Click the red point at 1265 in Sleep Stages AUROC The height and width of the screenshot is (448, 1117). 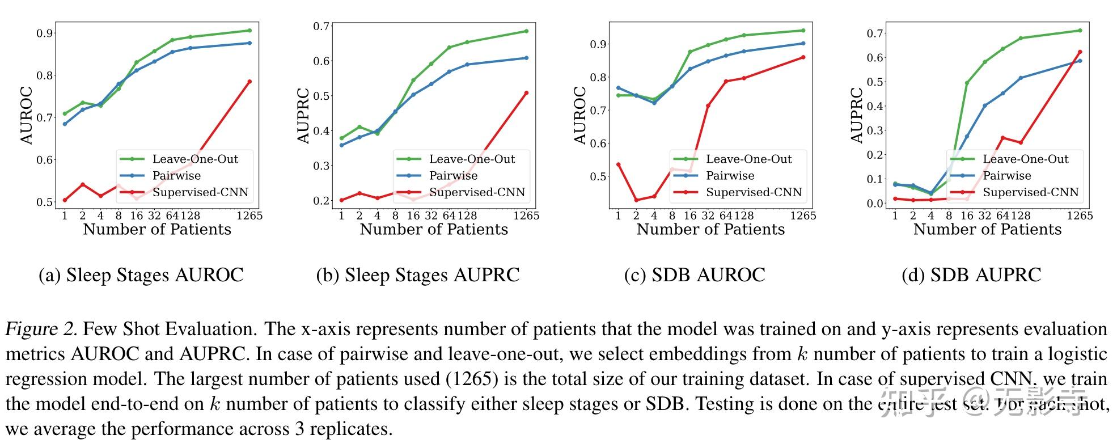[x=249, y=82]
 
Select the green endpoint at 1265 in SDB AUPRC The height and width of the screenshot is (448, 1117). [x=1080, y=31]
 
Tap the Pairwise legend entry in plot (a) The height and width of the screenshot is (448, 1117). [x=176, y=176]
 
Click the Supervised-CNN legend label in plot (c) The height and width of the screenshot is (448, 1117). [x=754, y=192]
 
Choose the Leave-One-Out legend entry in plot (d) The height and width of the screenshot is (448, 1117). [x=1025, y=159]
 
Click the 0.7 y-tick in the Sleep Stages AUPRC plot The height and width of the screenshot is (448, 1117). [x=321, y=26]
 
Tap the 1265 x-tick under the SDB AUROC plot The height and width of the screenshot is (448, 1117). [x=803, y=215]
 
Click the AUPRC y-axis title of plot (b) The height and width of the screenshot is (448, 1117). [x=303, y=115]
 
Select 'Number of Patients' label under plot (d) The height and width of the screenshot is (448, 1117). [x=987, y=229]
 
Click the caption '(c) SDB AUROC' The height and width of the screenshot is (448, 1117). [x=695, y=275]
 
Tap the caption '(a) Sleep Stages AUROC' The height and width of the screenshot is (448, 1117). [x=141, y=275]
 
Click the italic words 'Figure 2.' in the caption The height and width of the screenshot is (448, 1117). [x=40, y=329]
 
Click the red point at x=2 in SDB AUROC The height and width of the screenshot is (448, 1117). [x=636, y=200]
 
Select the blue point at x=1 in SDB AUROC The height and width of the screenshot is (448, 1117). [x=618, y=88]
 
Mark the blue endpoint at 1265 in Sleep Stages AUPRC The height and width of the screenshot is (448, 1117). [x=526, y=58]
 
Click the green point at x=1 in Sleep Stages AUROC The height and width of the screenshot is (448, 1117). [x=65, y=113]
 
